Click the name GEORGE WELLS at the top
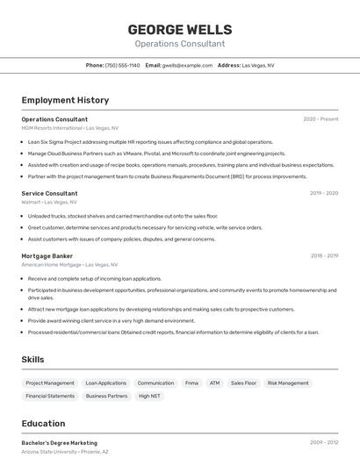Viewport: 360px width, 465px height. point(180,29)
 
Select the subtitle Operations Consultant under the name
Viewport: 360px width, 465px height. point(180,44)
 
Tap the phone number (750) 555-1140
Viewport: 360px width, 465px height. point(122,65)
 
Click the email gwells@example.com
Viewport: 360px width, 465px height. point(187,65)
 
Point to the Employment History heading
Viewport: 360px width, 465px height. point(65,100)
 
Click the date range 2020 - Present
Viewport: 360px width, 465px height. point(320,119)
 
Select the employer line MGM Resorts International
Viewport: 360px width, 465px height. point(70,128)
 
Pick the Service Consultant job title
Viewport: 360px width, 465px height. point(49,193)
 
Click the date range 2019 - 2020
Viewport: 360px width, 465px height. point(324,193)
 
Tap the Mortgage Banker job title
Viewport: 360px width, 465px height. point(47,256)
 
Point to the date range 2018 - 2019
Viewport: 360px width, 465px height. point(324,256)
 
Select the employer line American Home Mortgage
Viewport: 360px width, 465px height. point(68,264)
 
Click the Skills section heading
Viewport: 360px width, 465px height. point(33,360)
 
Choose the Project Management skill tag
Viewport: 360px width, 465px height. point(50,383)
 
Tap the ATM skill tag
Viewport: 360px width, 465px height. point(214,383)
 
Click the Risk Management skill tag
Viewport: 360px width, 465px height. point(288,383)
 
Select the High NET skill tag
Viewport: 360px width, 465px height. point(149,397)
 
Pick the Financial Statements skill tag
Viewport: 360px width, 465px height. point(50,397)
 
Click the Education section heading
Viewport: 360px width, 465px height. point(43,424)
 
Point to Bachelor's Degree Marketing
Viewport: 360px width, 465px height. point(60,443)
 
